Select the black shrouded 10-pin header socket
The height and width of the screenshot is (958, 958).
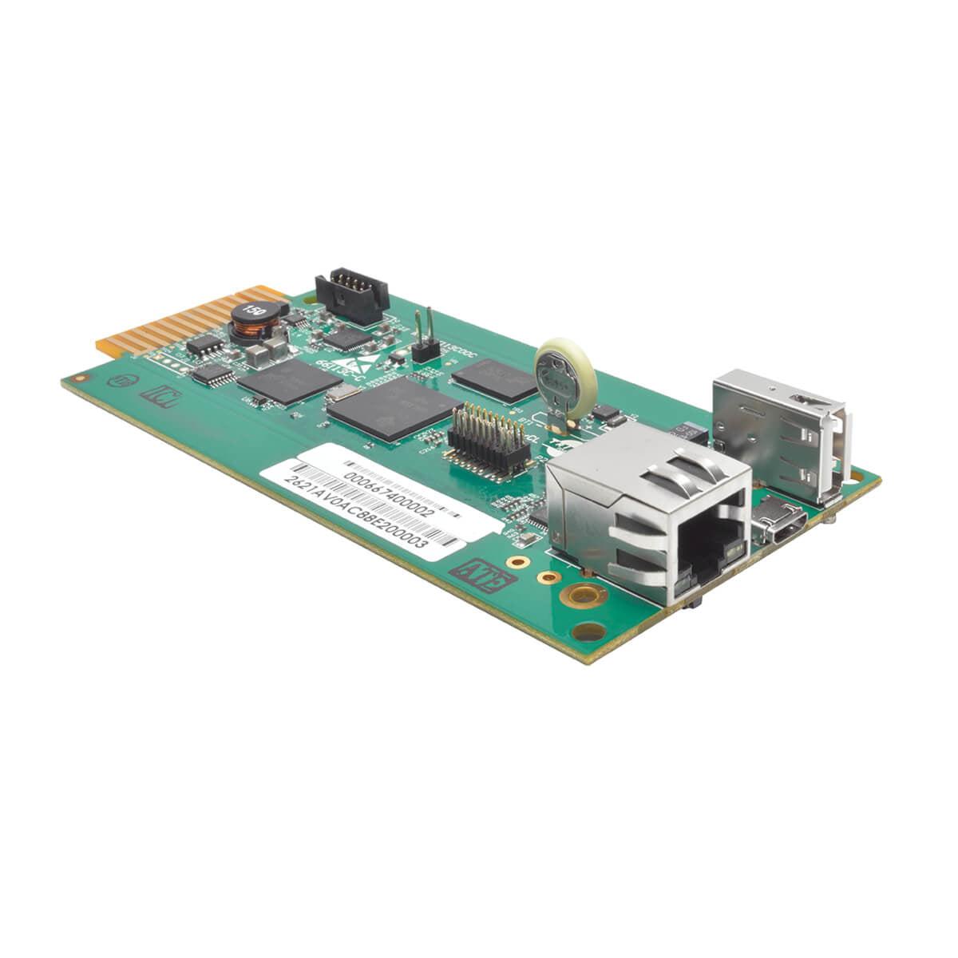coord(351,295)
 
